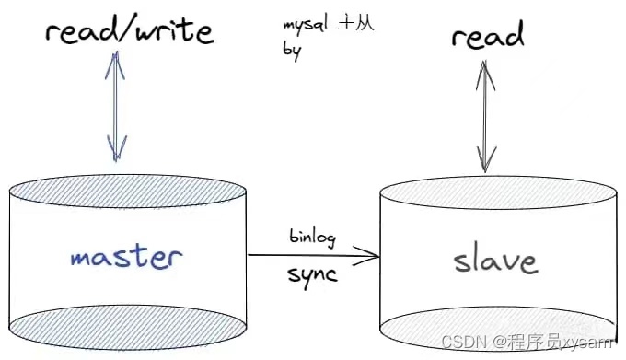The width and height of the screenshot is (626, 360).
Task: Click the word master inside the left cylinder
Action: coord(127,256)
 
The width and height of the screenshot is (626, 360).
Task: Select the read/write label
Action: coord(129,33)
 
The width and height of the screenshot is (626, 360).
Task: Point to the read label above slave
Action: coord(488,36)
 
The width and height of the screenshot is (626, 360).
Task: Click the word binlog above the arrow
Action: coord(312,238)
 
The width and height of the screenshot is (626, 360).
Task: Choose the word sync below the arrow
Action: coord(314,275)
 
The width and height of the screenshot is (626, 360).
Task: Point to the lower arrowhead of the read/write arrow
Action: coord(116,147)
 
